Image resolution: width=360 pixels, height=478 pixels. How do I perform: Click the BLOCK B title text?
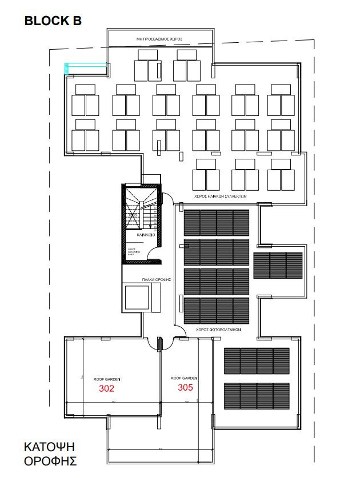tap(53, 21)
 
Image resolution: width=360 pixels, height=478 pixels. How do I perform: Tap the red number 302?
tap(107, 389)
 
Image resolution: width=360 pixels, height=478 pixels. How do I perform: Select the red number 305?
tap(185, 387)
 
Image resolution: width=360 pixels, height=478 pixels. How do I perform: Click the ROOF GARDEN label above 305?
tap(184, 378)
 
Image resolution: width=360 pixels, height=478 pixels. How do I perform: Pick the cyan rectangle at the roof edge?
tap(86, 69)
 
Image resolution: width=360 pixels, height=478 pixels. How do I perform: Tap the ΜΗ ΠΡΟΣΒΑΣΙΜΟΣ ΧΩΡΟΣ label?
tap(159, 39)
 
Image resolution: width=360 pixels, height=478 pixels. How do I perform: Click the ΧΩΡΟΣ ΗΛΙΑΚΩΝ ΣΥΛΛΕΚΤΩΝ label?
tap(220, 195)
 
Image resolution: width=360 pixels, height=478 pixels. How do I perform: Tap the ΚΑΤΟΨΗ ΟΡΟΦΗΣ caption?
tap(50, 453)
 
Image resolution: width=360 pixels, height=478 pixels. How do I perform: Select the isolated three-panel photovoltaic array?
tap(278, 265)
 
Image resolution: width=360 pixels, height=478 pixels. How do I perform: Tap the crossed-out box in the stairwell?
tap(133, 217)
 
